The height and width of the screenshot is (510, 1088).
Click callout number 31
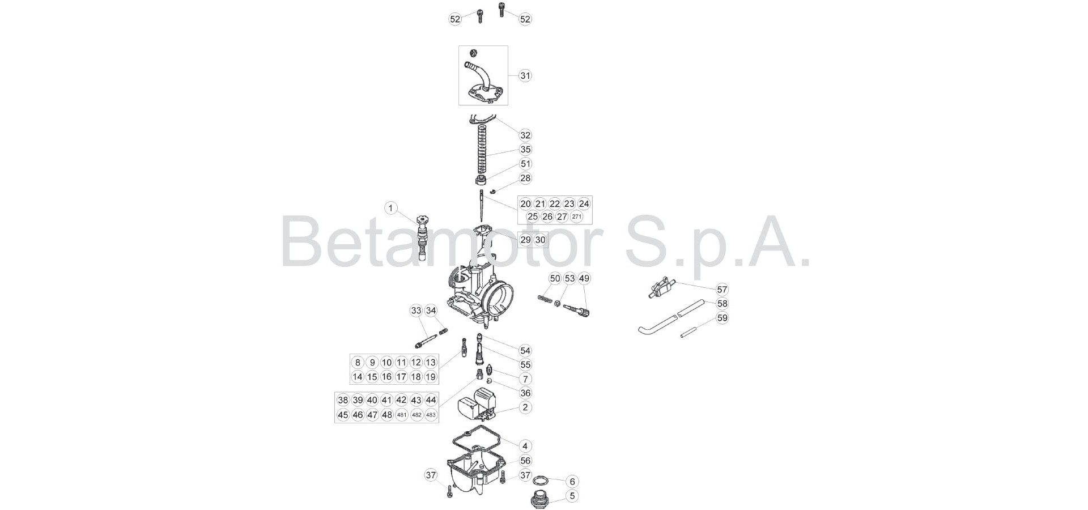525,75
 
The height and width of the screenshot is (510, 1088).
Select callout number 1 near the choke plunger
390,208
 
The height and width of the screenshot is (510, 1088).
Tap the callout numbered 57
722,290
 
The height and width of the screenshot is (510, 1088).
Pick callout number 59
722,318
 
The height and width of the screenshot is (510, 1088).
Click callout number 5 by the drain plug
572,496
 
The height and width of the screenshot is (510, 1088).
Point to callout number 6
572,481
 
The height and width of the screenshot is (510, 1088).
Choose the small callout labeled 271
577,216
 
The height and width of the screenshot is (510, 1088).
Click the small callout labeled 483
431,415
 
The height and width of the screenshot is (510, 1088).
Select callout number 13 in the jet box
431,363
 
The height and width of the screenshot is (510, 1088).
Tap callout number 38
343,400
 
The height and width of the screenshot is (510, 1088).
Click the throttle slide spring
483,148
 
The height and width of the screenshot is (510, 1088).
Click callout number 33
416,311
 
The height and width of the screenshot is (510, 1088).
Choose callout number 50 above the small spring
555,278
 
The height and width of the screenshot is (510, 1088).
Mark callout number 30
540,240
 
